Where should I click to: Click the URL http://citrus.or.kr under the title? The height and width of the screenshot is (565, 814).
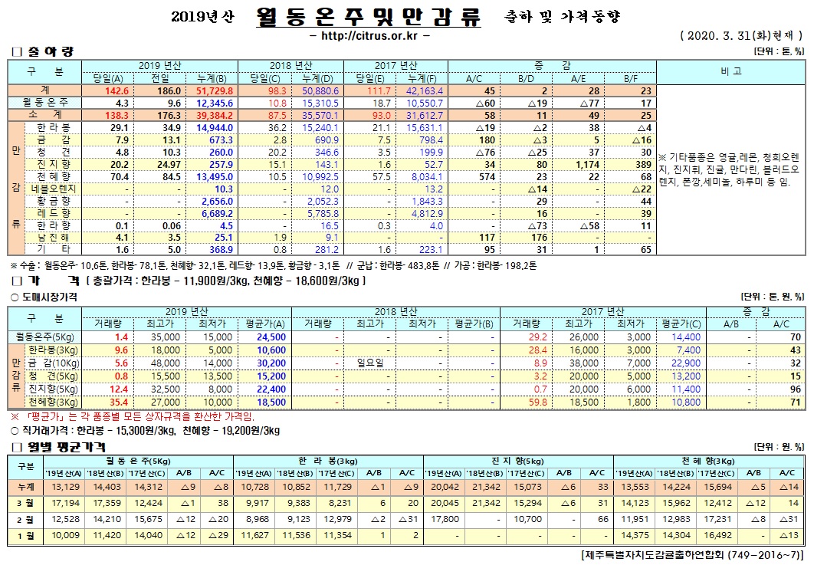tap(368, 35)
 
